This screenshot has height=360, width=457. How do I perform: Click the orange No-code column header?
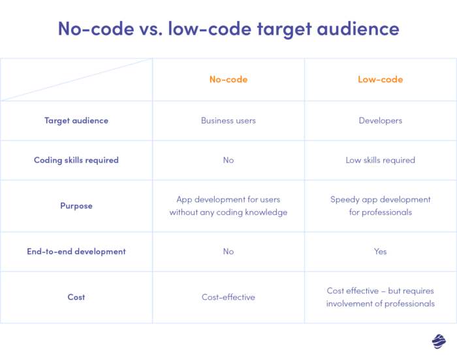[x=228, y=80]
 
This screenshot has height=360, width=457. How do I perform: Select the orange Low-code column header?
[x=380, y=80]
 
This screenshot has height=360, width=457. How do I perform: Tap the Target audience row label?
[x=76, y=121]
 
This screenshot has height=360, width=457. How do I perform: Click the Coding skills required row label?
[x=76, y=160]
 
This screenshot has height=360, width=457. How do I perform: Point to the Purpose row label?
[x=76, y=206]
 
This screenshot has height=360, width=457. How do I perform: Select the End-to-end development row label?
[x=76, y=252]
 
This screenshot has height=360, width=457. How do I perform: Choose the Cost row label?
[x=76, y=297]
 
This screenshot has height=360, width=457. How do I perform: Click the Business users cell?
[x=228, y=121]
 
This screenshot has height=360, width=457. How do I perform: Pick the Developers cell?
[x=380, y=121]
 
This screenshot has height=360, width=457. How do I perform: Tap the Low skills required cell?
[x=380, y=160]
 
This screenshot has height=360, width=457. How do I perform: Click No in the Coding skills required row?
[x=228, y=160]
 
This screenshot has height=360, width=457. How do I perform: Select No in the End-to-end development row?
[x=228, y=252]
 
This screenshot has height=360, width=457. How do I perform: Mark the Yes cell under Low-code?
[x=380, y=252]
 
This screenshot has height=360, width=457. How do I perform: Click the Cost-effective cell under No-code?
[x=228, y=297]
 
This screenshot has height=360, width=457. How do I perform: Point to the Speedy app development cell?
[x=380, y=206]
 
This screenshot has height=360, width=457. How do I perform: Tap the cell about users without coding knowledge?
[x=228, y=206]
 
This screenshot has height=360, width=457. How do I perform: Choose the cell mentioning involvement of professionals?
[x=380, y=297]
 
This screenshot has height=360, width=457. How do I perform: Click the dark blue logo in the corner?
[x=439, y=341]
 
